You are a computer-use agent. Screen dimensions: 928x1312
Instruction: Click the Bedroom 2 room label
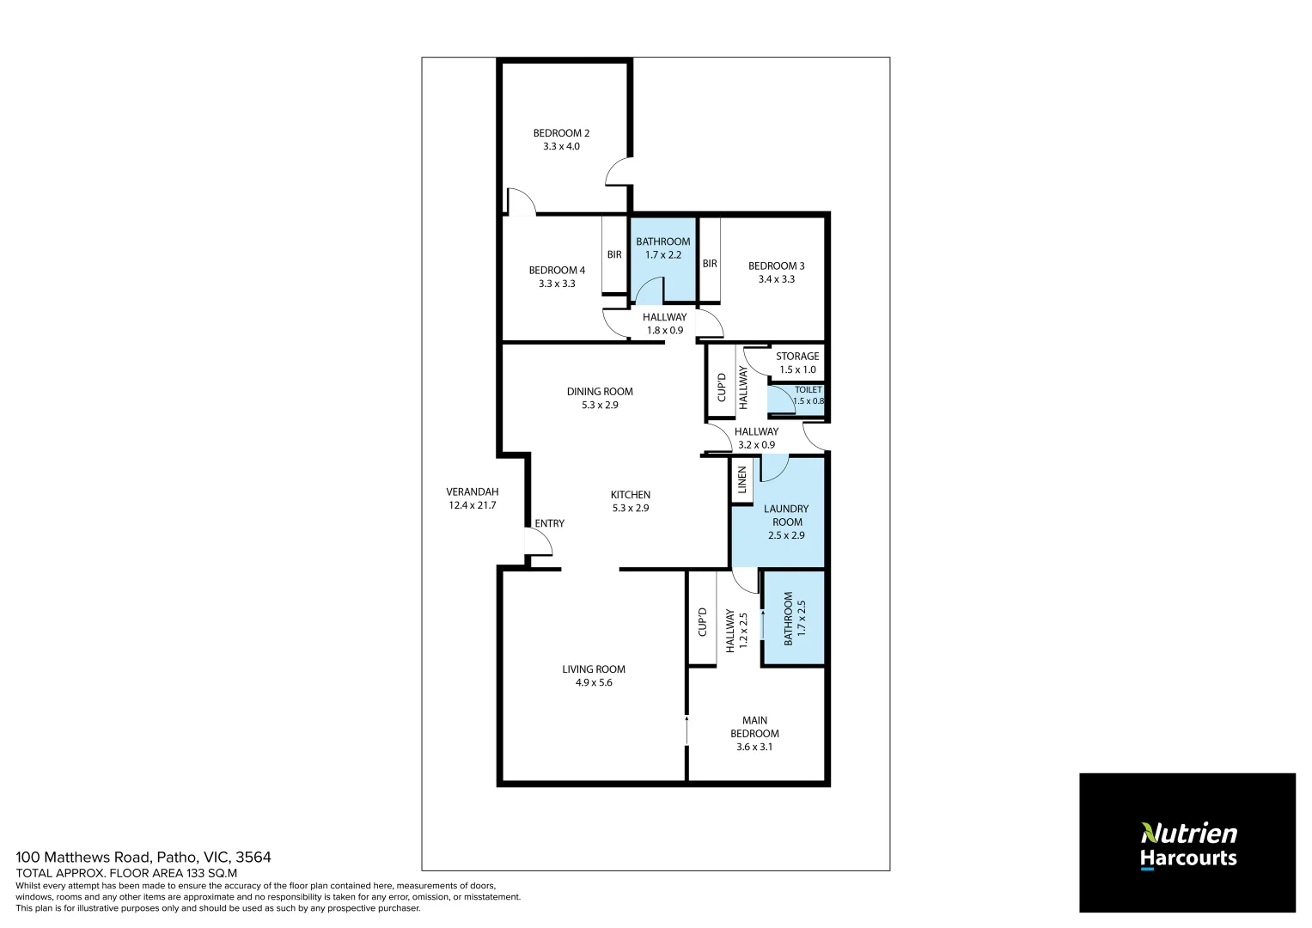561,133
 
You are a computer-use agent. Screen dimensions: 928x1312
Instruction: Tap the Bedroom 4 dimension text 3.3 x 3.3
557,284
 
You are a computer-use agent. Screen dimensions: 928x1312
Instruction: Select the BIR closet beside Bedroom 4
614,254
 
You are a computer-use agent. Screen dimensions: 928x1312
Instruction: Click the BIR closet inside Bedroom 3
710,263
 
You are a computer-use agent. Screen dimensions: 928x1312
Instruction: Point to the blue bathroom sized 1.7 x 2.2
663,258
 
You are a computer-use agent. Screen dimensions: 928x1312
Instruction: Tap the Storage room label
797,357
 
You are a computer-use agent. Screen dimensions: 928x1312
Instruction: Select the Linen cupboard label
742,481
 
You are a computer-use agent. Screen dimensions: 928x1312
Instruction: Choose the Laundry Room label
786,516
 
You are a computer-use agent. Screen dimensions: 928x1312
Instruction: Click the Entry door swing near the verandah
538,543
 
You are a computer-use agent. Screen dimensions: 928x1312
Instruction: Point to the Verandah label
472,492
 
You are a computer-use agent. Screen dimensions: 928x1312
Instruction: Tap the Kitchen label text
630,495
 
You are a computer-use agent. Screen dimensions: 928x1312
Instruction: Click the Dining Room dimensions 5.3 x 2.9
600,405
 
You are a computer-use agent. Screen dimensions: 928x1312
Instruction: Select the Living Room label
594,669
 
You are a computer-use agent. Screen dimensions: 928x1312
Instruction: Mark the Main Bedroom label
754,727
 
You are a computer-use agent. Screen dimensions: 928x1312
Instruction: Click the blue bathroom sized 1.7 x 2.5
794,618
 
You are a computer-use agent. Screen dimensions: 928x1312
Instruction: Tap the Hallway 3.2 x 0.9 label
756,438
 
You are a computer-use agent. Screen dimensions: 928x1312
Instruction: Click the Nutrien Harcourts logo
1187,844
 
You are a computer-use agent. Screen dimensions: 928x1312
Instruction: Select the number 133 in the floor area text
197,873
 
